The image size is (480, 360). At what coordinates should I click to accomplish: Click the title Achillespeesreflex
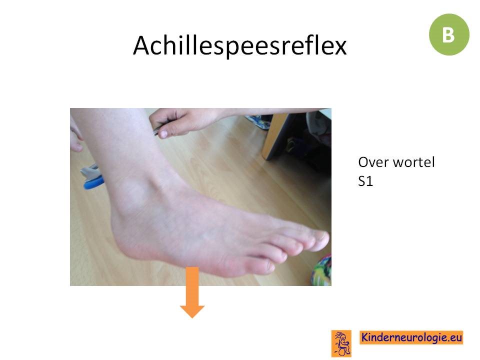pos(240,45)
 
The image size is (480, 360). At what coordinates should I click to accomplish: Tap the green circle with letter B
pos(449,34)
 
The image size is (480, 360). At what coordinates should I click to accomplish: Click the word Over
pos(373,162)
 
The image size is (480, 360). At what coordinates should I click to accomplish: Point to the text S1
pos(365,181)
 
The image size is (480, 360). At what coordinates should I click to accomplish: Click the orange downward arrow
pos(192,292)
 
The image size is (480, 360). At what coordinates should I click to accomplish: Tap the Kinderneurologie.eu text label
pos(411,337)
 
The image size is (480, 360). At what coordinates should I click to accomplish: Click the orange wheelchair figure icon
pos(341,343)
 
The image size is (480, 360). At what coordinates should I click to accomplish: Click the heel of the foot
pos(122,232)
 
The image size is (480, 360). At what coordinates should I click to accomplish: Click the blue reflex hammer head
pos(93,183)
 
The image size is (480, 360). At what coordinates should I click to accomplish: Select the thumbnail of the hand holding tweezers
pos(163,134)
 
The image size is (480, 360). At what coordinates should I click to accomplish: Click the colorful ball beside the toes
pos(321,269)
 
